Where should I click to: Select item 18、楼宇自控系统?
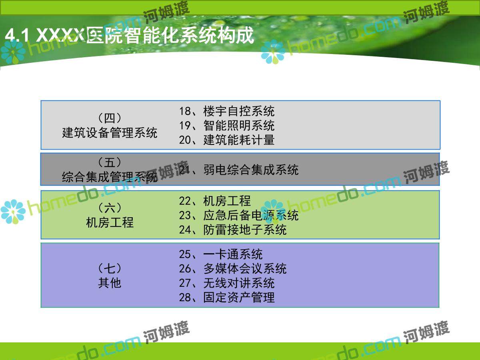point(227,111)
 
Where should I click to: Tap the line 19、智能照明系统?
point(227,126)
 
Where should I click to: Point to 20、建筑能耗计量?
point(227,140)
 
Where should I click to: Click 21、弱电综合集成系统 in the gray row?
point(239,170)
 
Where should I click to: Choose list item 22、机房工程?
point(215,201)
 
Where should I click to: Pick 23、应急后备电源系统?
point(239,215)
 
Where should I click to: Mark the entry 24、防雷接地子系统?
point(233,230)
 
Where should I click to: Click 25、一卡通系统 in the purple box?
point(221,254)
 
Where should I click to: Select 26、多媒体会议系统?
point(233,268)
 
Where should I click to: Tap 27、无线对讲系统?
point(227,283)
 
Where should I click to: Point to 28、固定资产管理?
point(227,297)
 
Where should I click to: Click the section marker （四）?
point(110,118)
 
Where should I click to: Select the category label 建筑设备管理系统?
point(110,133)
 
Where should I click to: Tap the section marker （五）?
point(110,162)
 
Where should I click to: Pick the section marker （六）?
point(110,208)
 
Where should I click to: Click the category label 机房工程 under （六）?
point(110,222)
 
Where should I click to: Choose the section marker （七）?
point(110,268)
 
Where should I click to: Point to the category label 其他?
point(110,283)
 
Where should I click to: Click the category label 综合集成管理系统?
point(110,177)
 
